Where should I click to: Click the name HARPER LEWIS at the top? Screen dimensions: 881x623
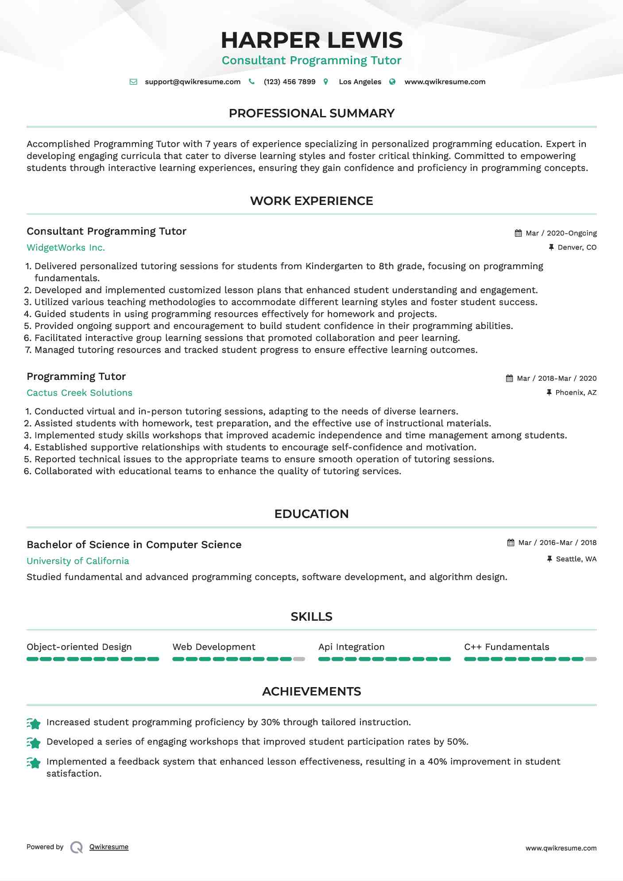pos(311,40)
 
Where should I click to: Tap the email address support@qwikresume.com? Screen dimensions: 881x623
pos(193,82)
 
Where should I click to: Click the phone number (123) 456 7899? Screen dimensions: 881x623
pos(290,82)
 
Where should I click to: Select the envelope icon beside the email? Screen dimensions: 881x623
pos(133,82)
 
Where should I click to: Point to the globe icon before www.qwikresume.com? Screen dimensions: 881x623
pos(392,82)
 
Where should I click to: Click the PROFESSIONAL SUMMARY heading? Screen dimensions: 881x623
pos(311,113)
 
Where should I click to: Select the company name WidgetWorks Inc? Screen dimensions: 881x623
pos(66,247)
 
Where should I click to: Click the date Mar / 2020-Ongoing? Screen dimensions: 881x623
pos(561,233)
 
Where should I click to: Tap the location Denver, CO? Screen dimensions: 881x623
pos(577,247)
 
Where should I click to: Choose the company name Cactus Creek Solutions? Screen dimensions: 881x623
pos(79,393)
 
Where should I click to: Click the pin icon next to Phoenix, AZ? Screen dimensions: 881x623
pos(549,393)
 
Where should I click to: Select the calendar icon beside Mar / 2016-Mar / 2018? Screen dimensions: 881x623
pos(511,543)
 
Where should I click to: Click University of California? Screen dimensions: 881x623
pos(77,561)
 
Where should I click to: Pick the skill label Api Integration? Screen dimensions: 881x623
pos(351,647)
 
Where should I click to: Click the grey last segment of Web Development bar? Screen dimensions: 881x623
pos(299,659)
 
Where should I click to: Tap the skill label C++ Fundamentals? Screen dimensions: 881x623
pos(507,647)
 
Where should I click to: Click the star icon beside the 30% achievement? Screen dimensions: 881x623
pos(34,723)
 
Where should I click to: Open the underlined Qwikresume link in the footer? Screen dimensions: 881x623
pos(109,847)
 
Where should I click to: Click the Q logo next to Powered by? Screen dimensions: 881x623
pos(77,847)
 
